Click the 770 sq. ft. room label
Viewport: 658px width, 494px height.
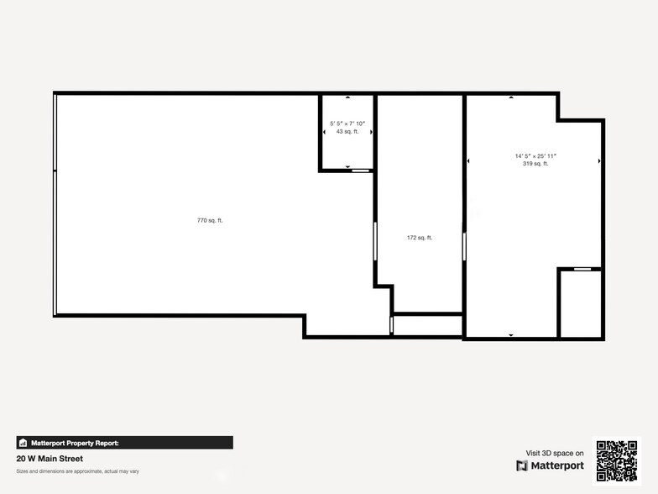click(x=210, y=220)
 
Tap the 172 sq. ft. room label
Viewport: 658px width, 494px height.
click(x=420, y=238)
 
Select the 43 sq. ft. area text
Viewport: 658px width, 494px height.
click(x=347, y=131)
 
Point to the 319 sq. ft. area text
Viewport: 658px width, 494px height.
click(x=535, y=164)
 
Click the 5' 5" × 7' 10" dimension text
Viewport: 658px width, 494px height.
click(x=347, y=123)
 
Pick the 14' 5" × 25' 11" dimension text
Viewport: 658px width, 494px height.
click(x=535, y=156)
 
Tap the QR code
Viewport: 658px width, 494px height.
click(x=617, y=460)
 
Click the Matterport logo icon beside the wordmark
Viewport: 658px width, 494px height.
click(x=522, y=465)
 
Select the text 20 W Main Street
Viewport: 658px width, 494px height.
click(x=50, y=459)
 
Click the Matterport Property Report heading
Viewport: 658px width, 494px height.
click(x=76, y=443)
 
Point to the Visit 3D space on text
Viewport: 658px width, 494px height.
click(x=555, y=454)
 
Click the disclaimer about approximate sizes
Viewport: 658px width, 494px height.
click(x=77, y=471)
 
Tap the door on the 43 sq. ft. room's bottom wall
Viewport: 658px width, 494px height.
click(x=360, y=171)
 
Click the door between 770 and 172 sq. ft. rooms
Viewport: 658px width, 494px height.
click(x=375, y=241)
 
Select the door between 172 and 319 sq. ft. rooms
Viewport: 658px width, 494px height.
click(x=464, y=246)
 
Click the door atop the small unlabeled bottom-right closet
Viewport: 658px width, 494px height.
click(x=582, y=269)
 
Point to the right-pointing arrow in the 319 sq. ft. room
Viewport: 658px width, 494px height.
click(x=599, y=161)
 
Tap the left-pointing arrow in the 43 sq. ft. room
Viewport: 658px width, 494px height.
click(x=324, y=132)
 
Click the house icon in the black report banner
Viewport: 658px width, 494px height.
click(x=23, y=443)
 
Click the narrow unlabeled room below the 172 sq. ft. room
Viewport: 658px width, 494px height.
click(x=428, y=325)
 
